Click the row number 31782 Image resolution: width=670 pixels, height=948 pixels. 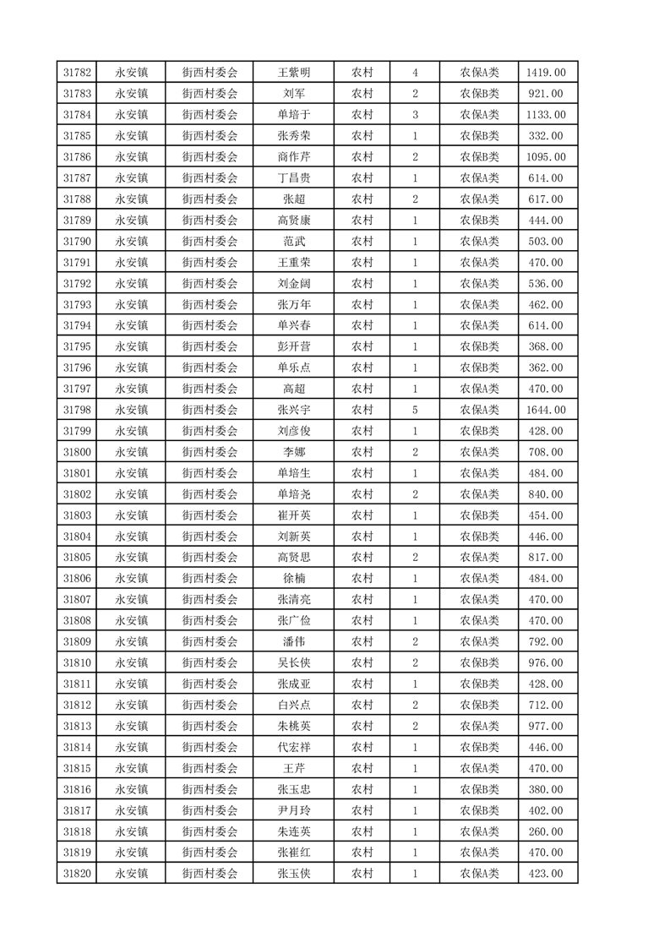point(77,73)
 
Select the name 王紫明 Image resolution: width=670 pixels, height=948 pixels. point(294,73)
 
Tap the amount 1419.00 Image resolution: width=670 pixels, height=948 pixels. point(546,73)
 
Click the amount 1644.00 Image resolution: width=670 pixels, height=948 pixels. point(546,410)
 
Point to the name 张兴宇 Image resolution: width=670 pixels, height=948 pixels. point(294,410)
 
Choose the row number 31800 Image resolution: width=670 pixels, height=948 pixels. point(77,452)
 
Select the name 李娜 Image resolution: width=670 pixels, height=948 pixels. point(294,452)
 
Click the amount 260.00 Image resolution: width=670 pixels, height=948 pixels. point(546,831)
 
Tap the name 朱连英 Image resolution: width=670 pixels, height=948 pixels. point(294,831)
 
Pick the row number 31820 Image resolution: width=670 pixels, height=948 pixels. point(77,874)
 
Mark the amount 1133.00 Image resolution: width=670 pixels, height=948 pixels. point(546,115)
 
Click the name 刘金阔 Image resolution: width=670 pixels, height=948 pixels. point(294,283)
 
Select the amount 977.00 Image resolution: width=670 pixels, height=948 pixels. point(546,726)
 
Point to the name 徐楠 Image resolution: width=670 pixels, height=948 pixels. point(294,579)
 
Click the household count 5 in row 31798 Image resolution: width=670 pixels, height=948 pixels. point(415,410)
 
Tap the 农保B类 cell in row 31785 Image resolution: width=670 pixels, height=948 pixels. point(479,136)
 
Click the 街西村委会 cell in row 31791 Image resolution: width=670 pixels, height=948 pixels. point(210,262)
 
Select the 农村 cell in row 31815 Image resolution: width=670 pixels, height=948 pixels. point(362,768)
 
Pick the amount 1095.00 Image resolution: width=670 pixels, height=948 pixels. point(546,157)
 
